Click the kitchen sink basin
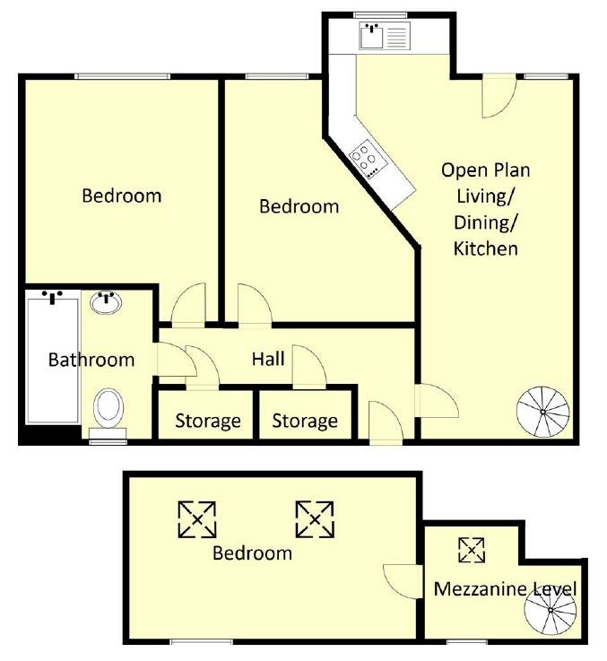point(372,36)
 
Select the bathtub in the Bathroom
point(53,361)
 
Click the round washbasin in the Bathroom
point(106,302)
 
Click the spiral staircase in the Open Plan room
point(543,412)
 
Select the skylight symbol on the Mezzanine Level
point(472,550)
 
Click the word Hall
point(268,359)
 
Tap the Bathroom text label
point(91,360)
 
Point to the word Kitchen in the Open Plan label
point(486,248)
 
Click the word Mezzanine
point(479,589)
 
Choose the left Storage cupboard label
point(208,421)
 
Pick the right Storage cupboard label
point(305,421)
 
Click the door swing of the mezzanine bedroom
point(402,581)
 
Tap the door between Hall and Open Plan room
point(437,401)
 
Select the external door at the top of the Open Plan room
point(499,96)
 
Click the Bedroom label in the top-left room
point(122,196)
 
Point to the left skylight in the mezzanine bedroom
point(197,519)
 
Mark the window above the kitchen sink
point(381,15)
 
